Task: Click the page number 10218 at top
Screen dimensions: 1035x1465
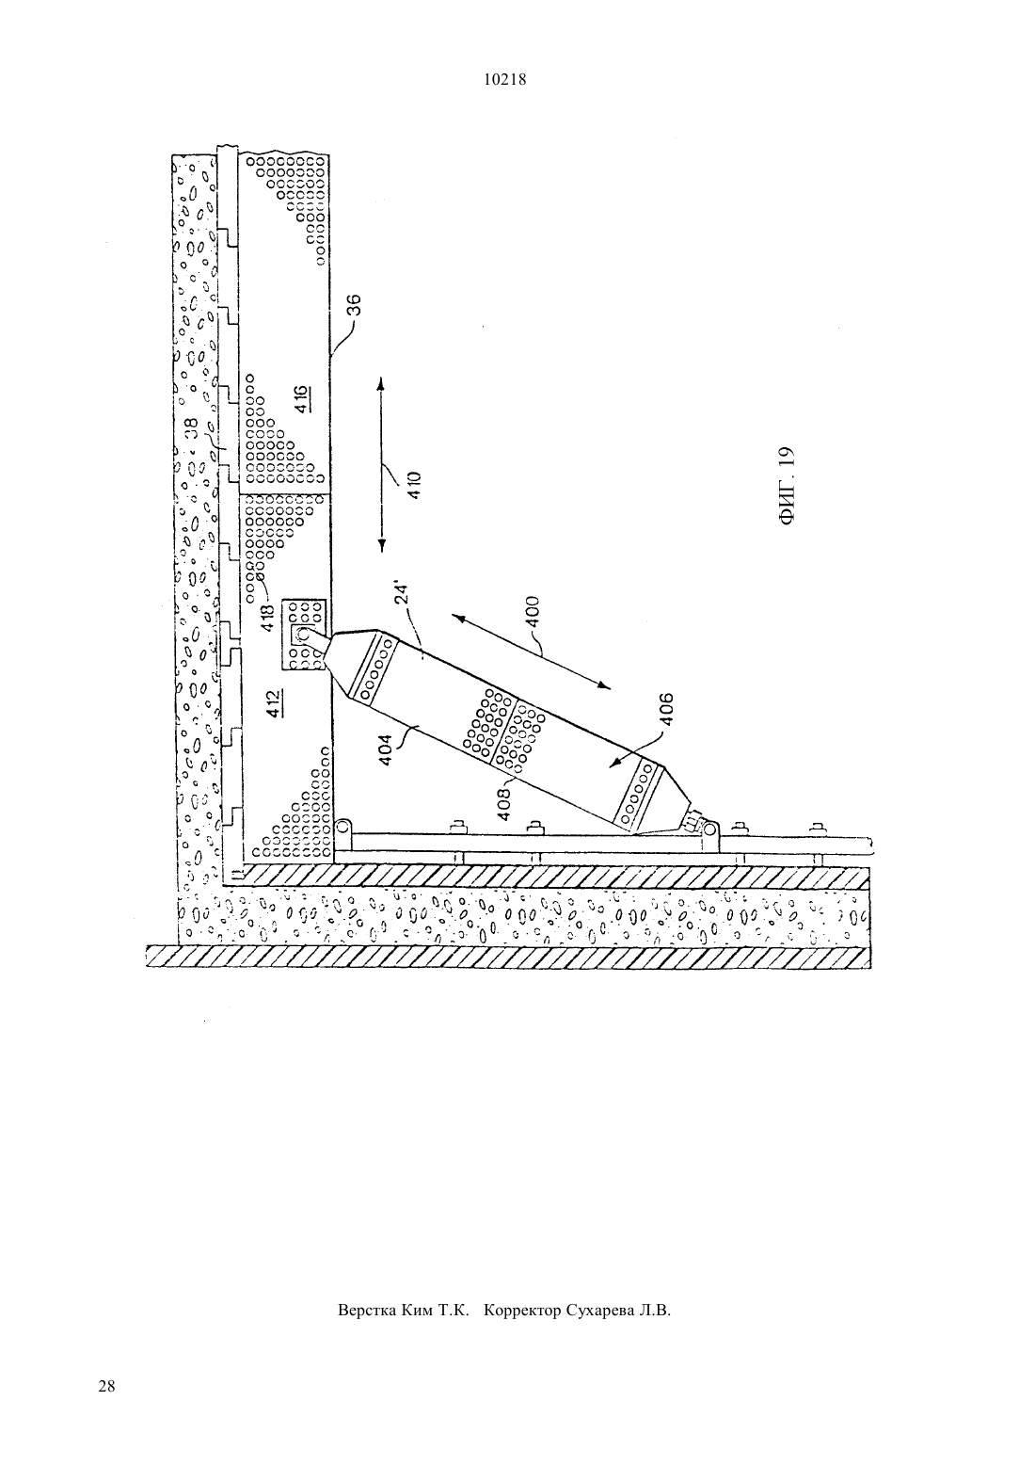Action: pyautogui.click(x=504, y=80)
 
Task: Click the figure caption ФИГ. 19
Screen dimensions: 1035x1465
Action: pyautogui.click(x=787, y=485)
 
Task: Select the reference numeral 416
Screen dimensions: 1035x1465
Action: pyautogui.click(x=302, y=399)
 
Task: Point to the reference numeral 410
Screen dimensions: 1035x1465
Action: pyautogui.click(x=414, y=485)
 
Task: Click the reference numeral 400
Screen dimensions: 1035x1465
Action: pyautogui.click(x=533, y=611)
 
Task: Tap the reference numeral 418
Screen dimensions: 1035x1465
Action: pyautogui.click(x=267, y=618)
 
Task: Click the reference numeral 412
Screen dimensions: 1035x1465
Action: pyautogui.click(x=275, y=703)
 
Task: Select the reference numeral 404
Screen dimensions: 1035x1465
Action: pyautogui.click(x=384, y=750)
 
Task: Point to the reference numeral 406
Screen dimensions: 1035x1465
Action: pyautogui.click(x=666, y=709)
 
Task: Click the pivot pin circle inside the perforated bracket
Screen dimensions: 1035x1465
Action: pyautogui.click(x=303, y=634)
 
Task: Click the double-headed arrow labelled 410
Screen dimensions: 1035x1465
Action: pyautogui.click(x=382, y=464)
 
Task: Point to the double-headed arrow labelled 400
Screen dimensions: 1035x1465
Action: pyautogui.click(x=531, y=652)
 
